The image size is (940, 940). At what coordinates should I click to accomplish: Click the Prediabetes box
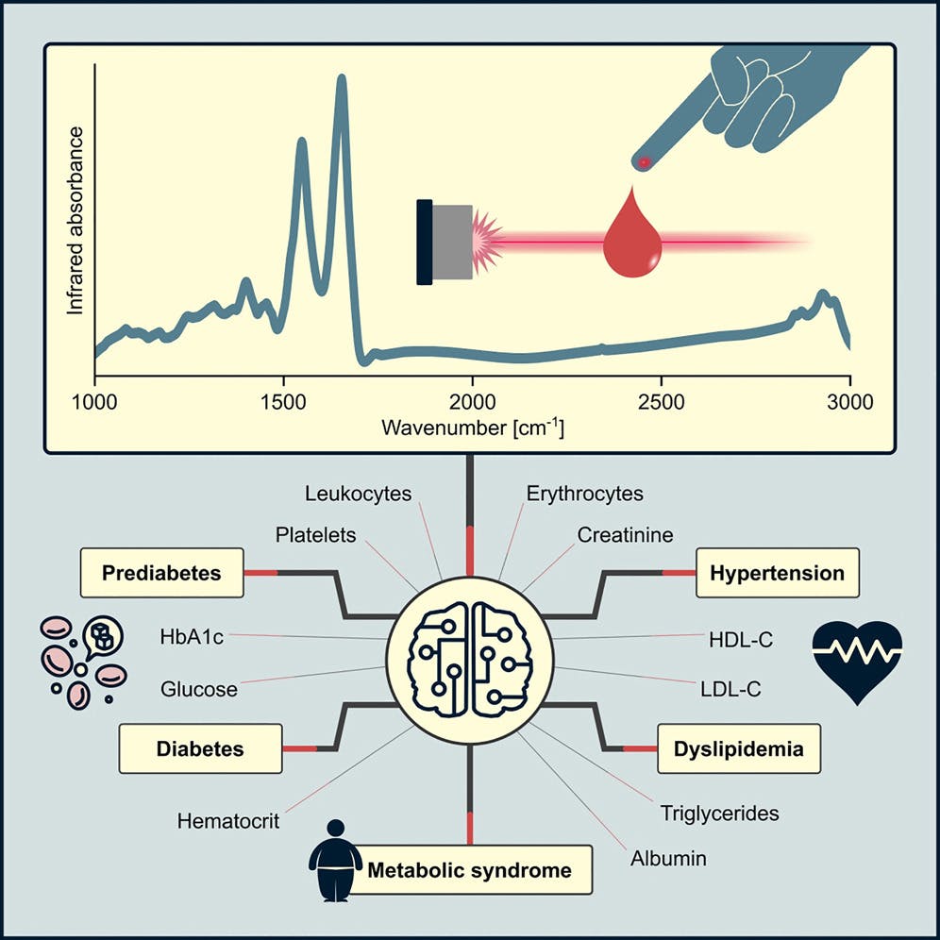(162, 574)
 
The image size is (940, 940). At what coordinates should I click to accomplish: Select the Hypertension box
(777, 574)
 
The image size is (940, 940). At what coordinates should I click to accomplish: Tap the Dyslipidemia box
(739, 749)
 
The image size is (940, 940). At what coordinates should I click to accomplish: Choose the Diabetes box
(200, 749)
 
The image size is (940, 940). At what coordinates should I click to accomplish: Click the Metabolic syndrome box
(469, 870)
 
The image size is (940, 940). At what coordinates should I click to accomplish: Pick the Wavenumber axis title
(472, 427)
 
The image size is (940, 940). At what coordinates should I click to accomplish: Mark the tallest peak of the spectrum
(342, 81)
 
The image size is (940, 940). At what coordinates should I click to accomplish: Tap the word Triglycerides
(719, 812)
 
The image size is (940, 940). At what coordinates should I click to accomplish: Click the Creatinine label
(625, 535)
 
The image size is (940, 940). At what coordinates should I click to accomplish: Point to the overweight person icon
(335, 860)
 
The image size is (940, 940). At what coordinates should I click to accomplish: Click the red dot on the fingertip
(645, 162)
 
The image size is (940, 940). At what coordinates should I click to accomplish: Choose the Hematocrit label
(227, 821)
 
